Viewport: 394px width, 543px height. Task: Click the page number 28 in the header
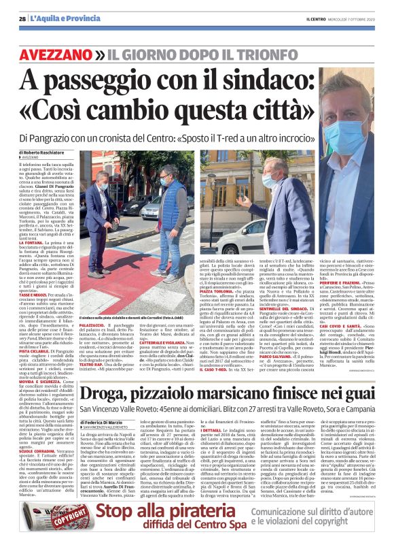tap(23, 18)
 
